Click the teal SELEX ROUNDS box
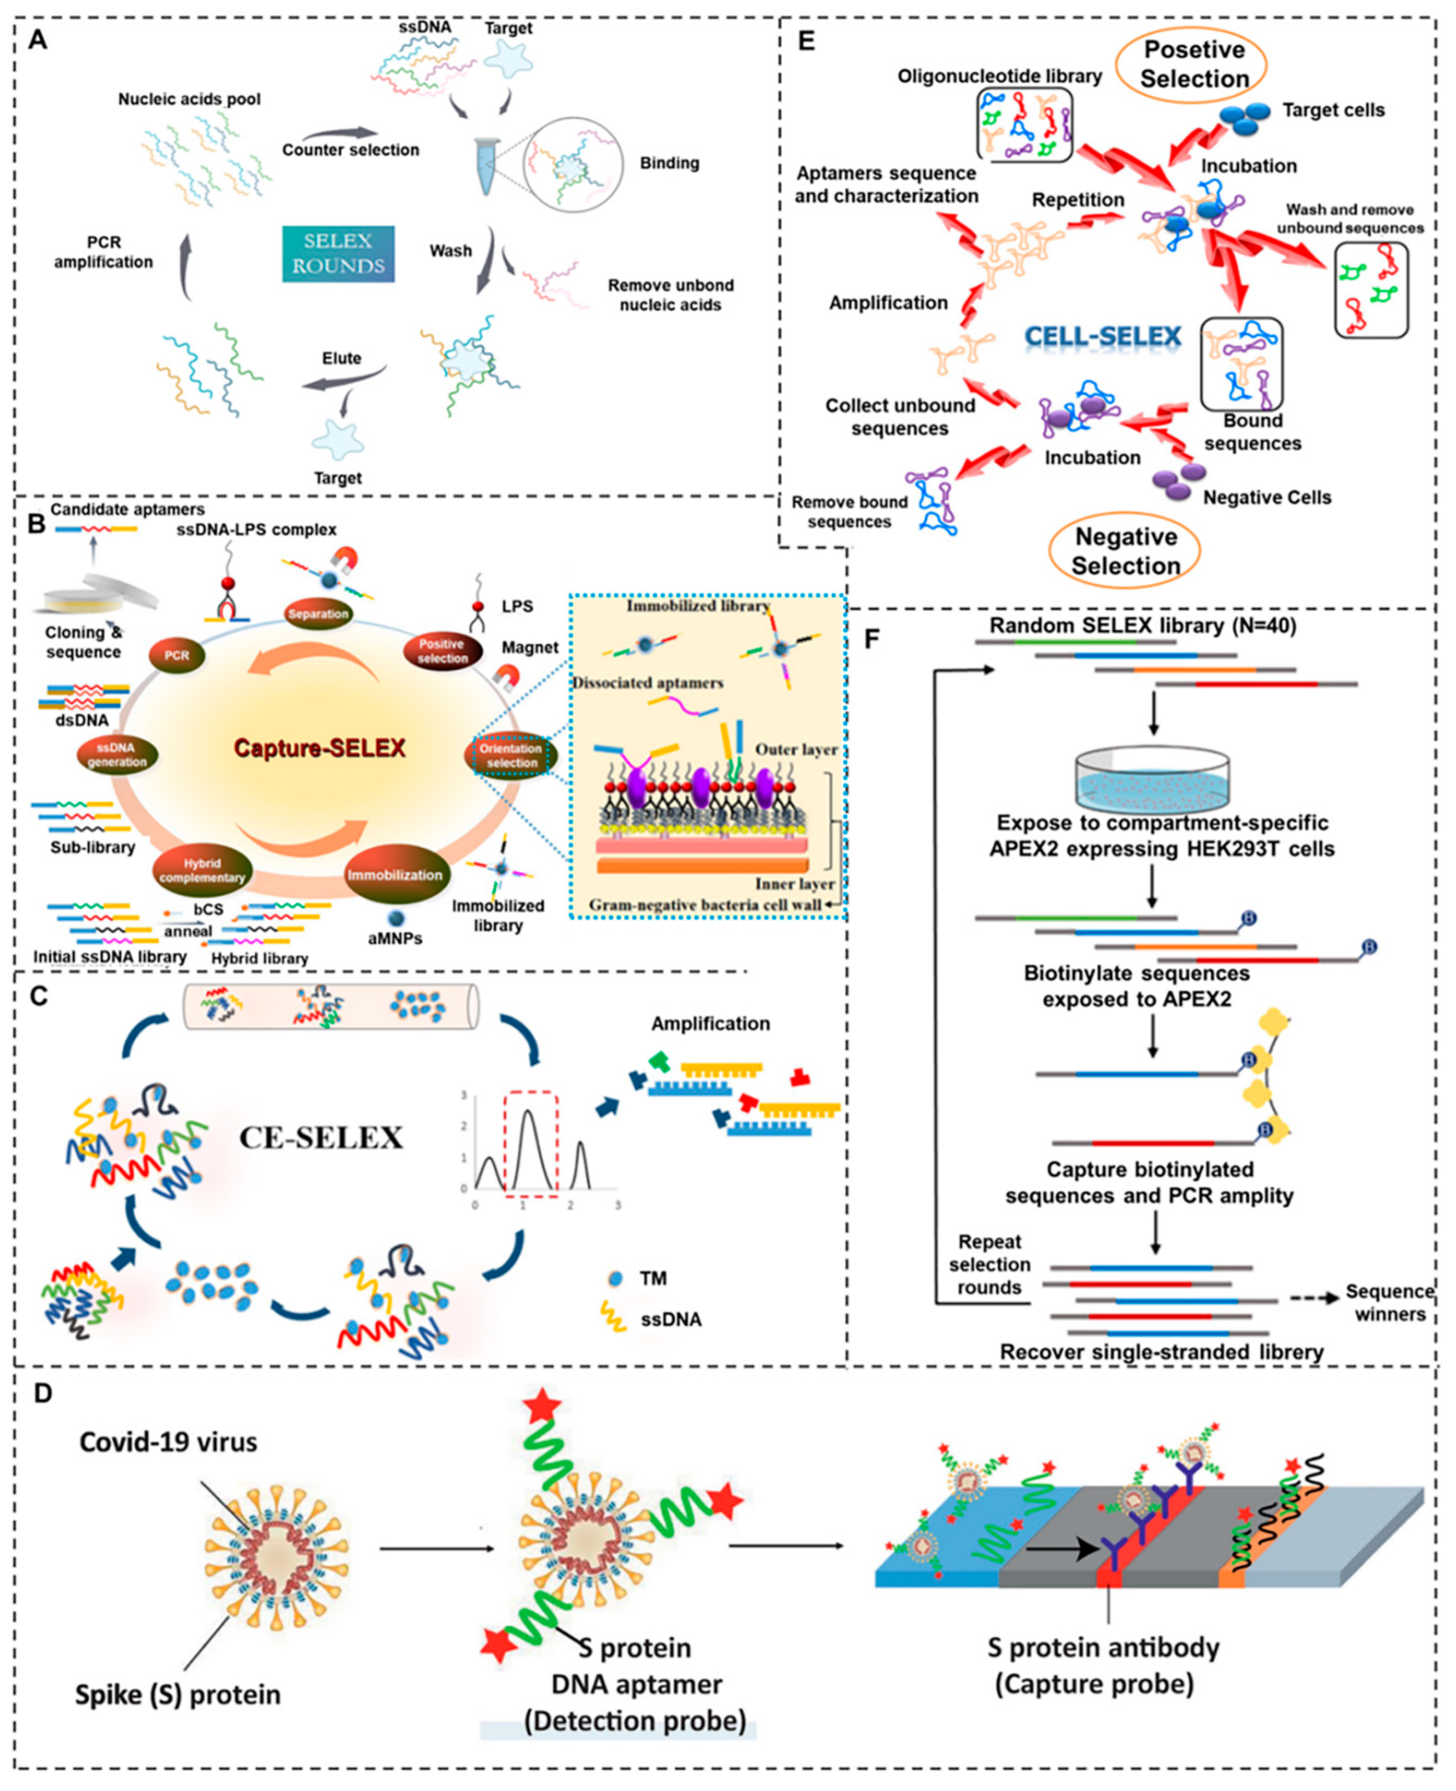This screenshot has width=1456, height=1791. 338,253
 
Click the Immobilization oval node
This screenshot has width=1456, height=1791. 394,875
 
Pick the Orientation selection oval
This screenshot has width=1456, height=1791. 511,755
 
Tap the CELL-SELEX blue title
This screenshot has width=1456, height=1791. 1103,337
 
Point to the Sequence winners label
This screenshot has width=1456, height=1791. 1390,1303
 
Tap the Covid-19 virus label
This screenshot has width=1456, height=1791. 168,1442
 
